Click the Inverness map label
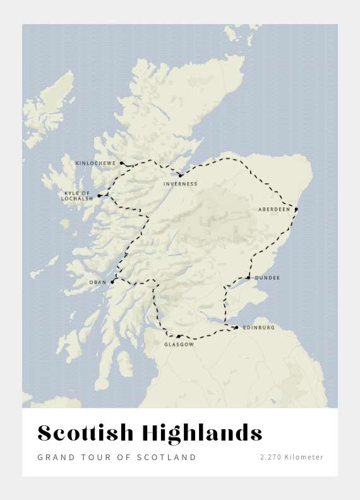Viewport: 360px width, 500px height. [x=180, y=184]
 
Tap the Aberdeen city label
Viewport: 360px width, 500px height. [x=274, y=209]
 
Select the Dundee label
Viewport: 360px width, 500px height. [x=267, y=277]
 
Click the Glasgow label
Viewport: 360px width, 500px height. [x=179, y=345]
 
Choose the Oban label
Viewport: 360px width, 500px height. [x=98, y=282]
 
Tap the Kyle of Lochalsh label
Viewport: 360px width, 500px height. [x=77, y=196]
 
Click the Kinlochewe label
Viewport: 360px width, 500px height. [x=95, y=163]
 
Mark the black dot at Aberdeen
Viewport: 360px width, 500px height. [x=296, y=209]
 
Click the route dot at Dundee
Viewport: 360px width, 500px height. [x=248, y=277]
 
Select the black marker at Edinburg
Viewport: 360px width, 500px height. [x=236, y=327]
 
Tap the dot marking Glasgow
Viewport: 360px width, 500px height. [x=179, y=336]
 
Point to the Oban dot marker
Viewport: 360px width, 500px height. [x=112, y=282]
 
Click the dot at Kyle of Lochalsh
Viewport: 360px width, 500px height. [x=99, y=196]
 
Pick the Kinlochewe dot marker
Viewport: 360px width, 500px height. [x=121, y=163]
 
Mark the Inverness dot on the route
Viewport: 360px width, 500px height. [x=180, y=176]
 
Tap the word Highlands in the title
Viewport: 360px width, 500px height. [x=202, y=434]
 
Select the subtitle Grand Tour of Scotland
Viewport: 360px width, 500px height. [x=117, y=457]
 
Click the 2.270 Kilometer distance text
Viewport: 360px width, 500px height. [x=291, y=457]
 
